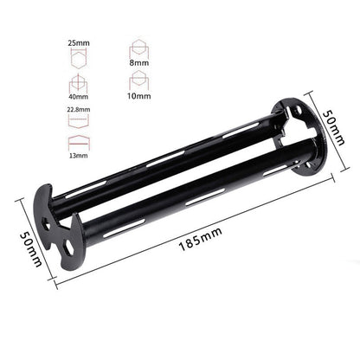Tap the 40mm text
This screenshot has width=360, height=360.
[78, 98]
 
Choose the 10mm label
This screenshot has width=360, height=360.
[136, 98]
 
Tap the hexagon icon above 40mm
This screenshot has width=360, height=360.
[78, 82]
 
